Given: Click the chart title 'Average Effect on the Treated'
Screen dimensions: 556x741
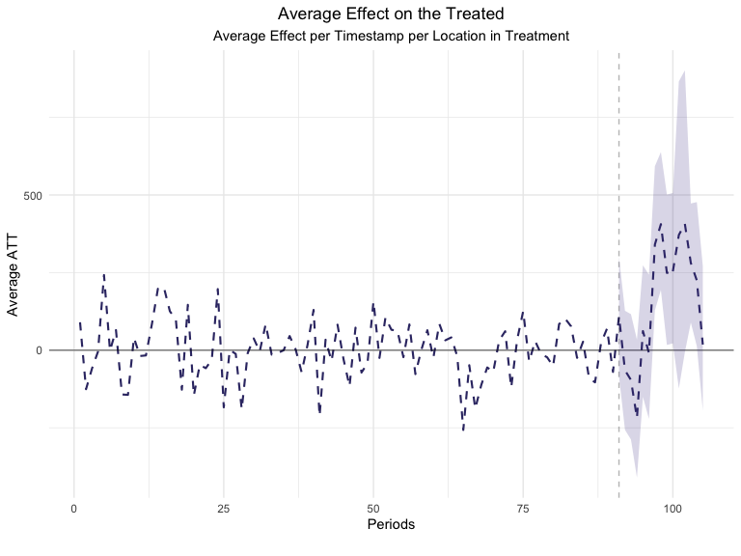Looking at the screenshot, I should tap(391, 14).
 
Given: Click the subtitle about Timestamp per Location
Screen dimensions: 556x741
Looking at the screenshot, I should tap(391, 36).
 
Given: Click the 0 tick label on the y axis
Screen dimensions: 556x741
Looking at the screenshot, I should tap(40, 350).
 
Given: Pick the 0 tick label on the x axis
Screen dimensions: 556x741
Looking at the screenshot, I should tap(73, 507).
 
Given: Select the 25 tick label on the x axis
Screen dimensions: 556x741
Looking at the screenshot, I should tap(223, 507).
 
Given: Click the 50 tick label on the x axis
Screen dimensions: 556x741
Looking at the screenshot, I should tap(372, 507).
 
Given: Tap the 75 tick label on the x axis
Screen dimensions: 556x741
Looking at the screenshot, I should tap(522, 507).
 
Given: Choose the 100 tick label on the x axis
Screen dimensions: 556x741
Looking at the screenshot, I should tap(672, 507).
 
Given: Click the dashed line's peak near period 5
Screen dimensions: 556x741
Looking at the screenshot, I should tap(103, 274).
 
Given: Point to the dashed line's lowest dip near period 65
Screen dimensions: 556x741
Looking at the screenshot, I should tap(463, 430).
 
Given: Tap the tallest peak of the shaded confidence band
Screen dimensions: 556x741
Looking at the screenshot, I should tap(684, 71).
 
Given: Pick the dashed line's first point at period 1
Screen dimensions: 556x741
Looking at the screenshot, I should tap(80, 322).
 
